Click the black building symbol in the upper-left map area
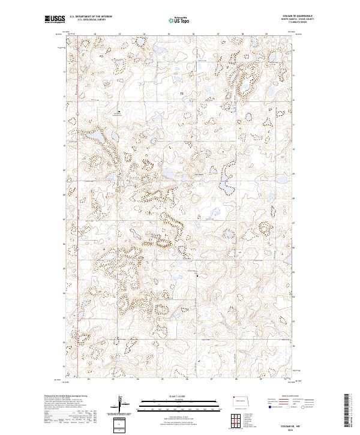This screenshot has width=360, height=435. click(x=119, y=112)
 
